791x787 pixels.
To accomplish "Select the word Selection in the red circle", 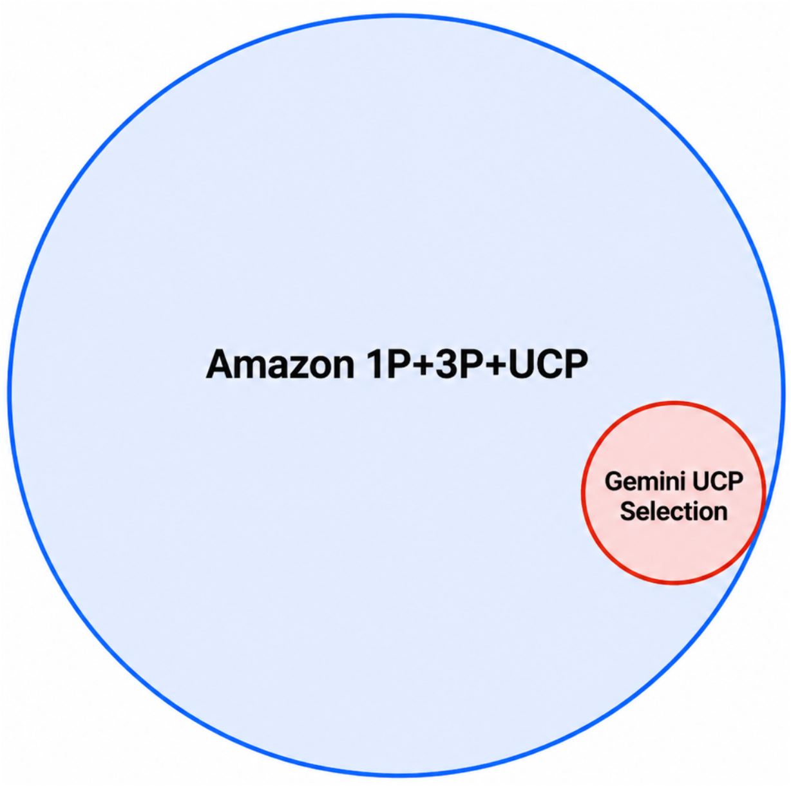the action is click(674, 511).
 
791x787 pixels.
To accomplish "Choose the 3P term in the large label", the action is click(453, 365).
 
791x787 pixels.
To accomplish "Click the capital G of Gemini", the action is click(613, 482).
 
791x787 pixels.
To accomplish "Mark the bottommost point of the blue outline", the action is click(396, 773).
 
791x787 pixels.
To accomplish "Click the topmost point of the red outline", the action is click(674, 404).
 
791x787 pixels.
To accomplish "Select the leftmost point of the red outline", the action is click(583, 493).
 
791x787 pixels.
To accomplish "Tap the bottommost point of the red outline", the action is click(674, 583).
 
